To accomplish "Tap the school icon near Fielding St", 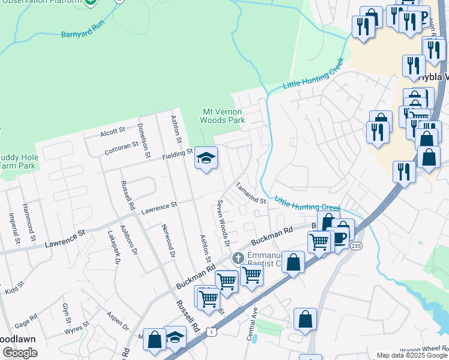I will click(x=206, y=158).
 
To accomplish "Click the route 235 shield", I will click(x=357, y=246).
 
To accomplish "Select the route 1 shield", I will click(x=211, y=331).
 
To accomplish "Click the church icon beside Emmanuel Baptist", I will click(x=238, y=259).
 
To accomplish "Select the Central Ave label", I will click(x=253, y=323).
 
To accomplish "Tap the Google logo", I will click(x=20, y=353).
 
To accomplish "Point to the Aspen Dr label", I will click(x=118, y=322).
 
